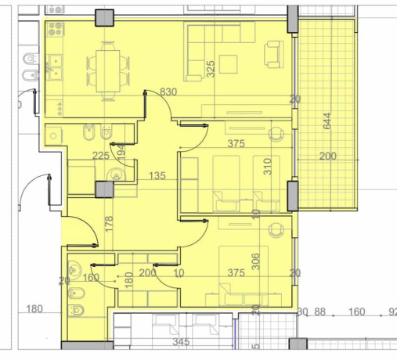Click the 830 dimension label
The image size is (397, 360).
(x=168, y=92)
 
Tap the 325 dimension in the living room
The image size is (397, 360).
(x=210, y=70)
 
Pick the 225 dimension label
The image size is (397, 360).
(x=101, y=156)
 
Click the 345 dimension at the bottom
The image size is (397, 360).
(x=181, y=343)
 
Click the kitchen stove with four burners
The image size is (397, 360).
(x=56, y=31)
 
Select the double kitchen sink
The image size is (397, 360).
(x=53, y=65)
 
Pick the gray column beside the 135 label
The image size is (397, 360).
(x=102, y=189)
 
